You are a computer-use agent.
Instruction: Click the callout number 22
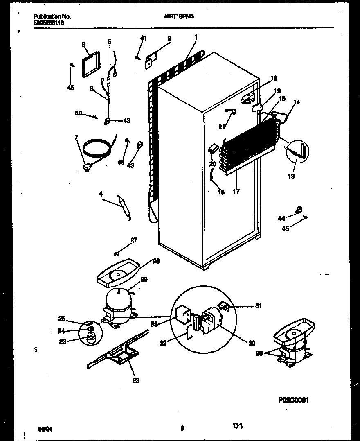(x=136, y=380)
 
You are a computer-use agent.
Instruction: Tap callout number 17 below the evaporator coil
(x=236, y=191)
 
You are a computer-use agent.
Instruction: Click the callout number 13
(x=291, y=176)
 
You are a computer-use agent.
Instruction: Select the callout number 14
(x=297, y=102)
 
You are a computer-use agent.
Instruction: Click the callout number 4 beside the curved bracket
(x=100, y=195)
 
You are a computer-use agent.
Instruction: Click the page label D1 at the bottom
(x=239, y=426)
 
